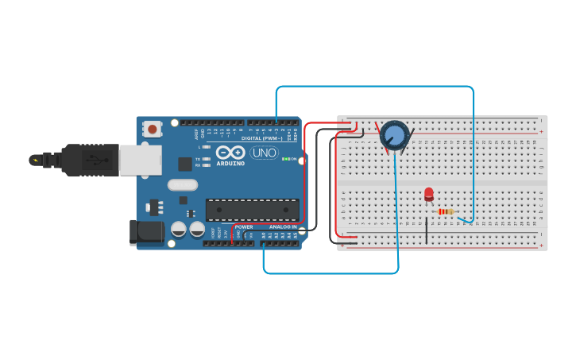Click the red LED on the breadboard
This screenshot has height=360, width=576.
click(429, 194)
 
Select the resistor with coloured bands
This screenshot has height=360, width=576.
click(446, 211)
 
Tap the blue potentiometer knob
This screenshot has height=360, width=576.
click(394, 135)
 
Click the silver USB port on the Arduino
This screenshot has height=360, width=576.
click(141, 159)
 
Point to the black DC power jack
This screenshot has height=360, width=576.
click(146, 233)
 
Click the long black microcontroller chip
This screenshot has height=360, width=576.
click(253, 210)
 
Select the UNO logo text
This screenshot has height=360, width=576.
click(265, 153)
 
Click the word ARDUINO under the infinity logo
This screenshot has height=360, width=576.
click(230, 163)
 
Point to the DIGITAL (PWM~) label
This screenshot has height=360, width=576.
click(261, 138)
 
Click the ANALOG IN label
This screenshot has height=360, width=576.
click(283, 226)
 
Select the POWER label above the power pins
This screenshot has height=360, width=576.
click(244, 226)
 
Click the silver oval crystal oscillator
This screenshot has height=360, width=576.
click(183, 185)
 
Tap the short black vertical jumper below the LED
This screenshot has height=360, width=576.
click(427, 230)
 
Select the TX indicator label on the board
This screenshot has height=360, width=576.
click(198, 159)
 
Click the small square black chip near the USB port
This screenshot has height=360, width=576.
click(185, 164)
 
